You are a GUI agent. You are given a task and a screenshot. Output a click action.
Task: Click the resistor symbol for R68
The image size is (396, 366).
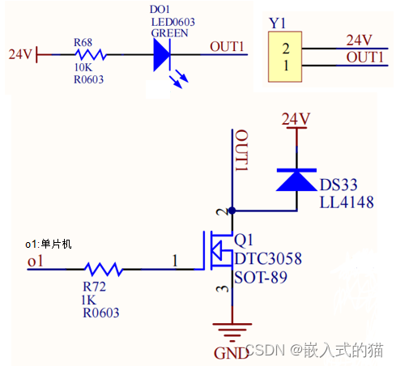[90, 54]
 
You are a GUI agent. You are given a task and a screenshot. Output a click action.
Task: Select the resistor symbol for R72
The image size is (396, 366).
[103, 269]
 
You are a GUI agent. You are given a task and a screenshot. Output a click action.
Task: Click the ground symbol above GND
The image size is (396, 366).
[232, 330]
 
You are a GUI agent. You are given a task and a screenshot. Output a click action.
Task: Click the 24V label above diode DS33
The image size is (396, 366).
[296, 119]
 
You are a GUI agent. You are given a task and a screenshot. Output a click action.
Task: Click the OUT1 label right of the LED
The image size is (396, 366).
[228, 46]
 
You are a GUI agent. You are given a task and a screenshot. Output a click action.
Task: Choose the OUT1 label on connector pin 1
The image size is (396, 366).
[364, 57]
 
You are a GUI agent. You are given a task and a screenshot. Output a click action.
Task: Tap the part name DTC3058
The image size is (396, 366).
[267, 259]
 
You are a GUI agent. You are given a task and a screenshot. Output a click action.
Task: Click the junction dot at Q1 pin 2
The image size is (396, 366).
[232, 211]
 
